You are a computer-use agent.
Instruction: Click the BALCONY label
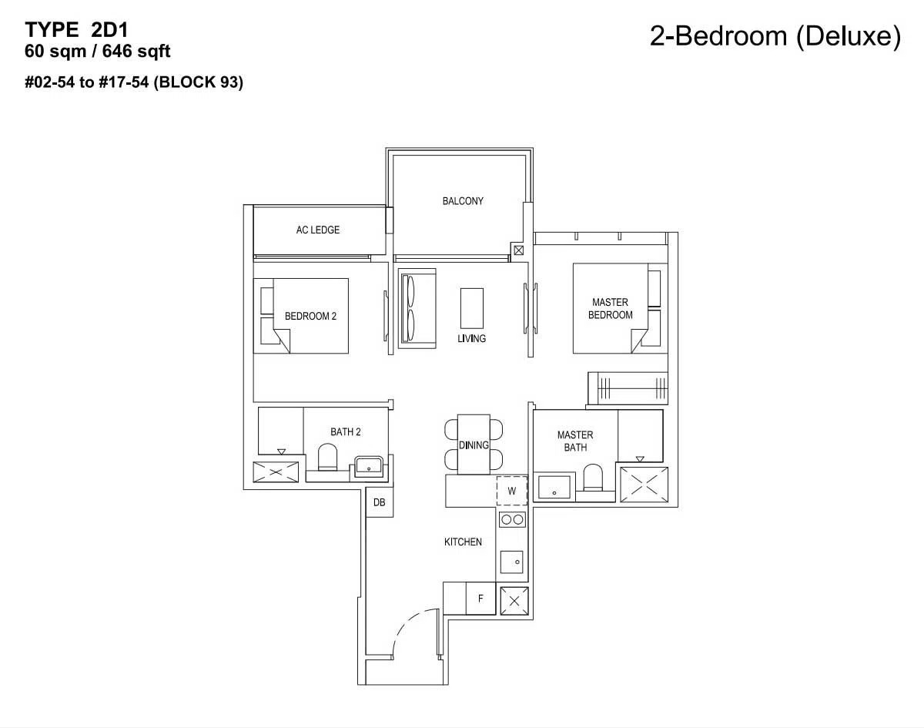click(463, 201)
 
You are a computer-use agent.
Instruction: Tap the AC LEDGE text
click(318, 230)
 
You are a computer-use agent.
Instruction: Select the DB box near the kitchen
click(379, 502)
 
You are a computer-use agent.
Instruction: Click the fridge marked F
click(480, 599)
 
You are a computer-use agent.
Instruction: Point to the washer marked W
click(512, 491)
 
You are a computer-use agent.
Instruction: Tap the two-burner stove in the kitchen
click(512, 519)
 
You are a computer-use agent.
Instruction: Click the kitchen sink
click(512, 562)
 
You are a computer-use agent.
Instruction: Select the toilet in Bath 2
click(327, 458)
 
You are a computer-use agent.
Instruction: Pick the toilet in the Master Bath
click(593, 477)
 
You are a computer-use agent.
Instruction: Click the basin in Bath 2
click(368, 466)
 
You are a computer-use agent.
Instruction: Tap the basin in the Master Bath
click(554, 487)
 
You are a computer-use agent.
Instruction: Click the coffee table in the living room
click(472, 308)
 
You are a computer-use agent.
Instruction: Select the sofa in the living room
click(417, 308)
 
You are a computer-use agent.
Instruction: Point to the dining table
click(474, 445)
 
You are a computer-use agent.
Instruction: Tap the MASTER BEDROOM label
click(610, 309)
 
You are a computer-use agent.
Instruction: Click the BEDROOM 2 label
click(310, 317)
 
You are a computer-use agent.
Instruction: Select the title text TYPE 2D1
click(76, 30)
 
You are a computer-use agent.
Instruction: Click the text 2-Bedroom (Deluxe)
click(775, 36)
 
